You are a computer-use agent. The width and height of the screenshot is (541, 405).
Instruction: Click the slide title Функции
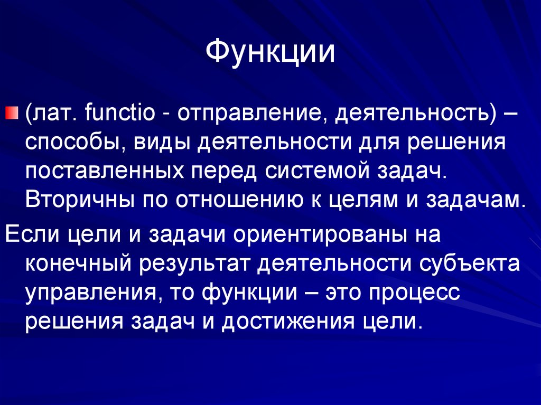(270, 54)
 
